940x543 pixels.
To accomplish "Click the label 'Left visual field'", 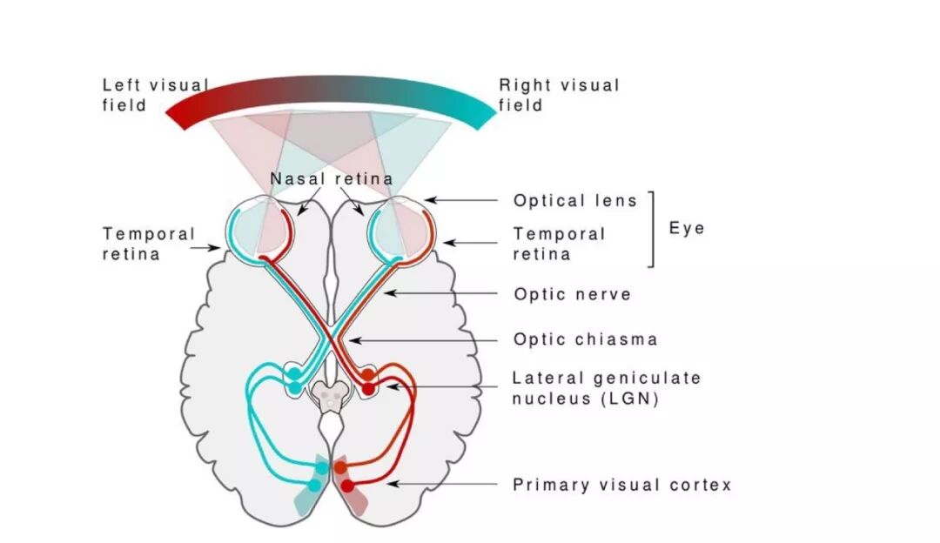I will point(155,95).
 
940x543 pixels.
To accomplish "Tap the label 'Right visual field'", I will point(559,95).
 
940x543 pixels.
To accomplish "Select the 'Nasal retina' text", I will point(331,178).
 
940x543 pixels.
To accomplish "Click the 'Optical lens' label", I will point(575,200).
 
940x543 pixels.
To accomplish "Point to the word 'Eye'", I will point(687,228).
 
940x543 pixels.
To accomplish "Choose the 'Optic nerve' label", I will point(572,294).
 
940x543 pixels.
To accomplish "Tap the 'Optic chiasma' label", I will point(585,339).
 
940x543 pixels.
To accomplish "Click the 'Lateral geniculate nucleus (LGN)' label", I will point(606,389).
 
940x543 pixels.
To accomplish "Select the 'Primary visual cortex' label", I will point(621,485).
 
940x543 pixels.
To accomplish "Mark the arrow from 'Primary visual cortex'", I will point(440,484).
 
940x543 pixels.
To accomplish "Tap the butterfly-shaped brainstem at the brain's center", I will point(330,398).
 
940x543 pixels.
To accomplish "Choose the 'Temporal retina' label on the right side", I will point(558,244).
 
